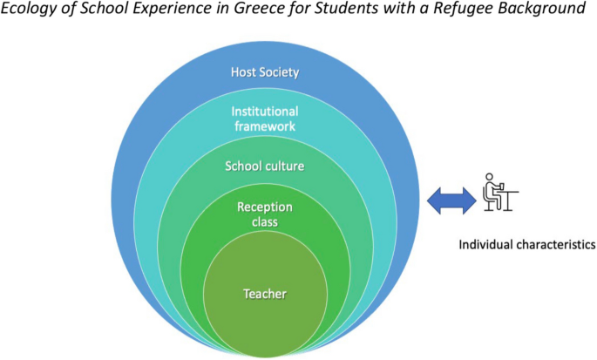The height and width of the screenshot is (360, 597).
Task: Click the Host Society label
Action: (x=264, y=71)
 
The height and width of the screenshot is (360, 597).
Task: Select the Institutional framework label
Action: (x=264, y=119)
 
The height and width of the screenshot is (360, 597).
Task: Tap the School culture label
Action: (x=264, y=166)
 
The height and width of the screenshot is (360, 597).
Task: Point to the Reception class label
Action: (x=264, y=214)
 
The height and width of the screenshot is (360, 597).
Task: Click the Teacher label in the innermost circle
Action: (x=265, y=294)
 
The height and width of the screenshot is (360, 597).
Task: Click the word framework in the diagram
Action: (x=264, y=126)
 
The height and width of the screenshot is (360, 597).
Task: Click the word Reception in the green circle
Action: (x=264, y=207)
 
